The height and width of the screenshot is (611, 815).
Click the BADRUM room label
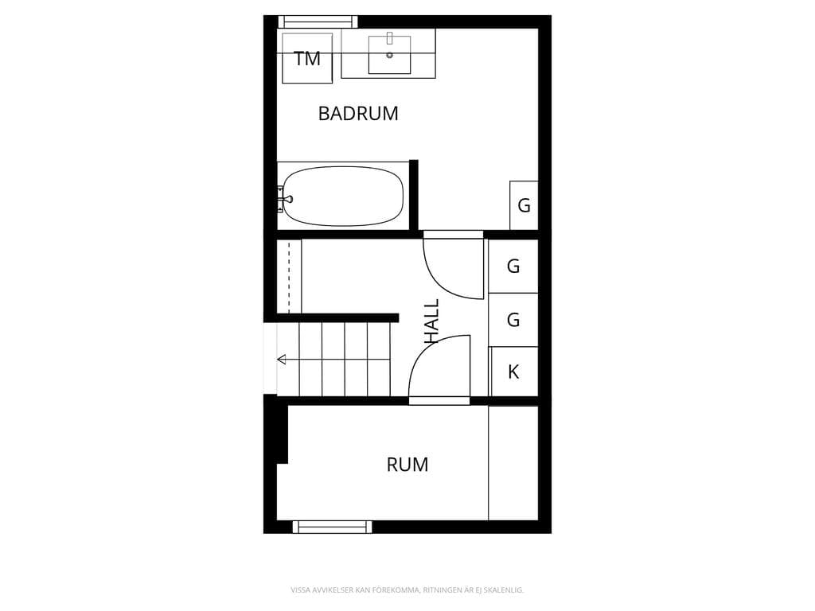click(358, 113)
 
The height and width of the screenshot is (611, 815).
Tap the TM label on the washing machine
click(307, 59)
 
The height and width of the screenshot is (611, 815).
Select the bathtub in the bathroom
click(342, 197)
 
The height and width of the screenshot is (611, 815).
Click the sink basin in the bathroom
click(389, 55)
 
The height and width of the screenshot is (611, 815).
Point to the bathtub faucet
click(285, 199)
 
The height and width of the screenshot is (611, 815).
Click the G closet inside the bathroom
click(524, 205)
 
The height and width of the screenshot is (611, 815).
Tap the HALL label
click(432, 321)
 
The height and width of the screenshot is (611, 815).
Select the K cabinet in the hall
click(513, 372)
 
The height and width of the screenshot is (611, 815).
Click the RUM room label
click(407, 465)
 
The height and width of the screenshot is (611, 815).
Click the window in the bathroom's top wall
click(318, 21)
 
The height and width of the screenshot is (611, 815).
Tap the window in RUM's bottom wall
click(332, 527)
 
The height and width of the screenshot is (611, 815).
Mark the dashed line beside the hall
click(289, 276)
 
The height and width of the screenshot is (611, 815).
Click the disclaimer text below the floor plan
click(407, 590)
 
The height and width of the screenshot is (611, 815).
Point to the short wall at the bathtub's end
click(414, 195)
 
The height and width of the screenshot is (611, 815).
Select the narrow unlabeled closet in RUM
click(513, 463)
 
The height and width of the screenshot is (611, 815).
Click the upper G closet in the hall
click(513, 266)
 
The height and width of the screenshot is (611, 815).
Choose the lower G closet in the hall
click(513, 320)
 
